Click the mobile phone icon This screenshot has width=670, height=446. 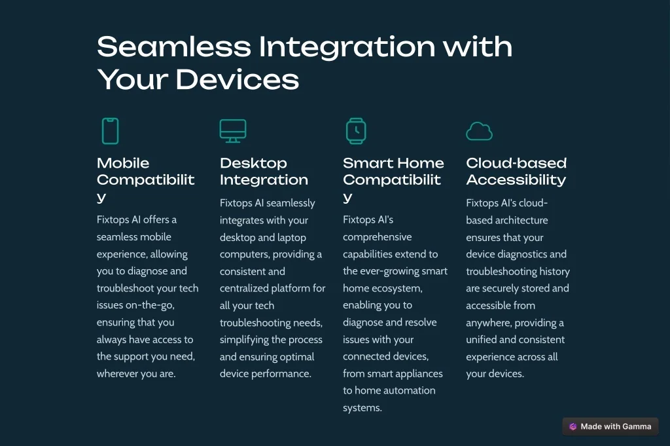coord(110,131)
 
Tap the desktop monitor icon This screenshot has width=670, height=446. coord(233,131)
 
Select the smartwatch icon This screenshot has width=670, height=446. coord(356,131)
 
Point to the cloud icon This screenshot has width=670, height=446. coord(479,131)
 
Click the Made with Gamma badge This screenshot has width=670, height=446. coord(610,426)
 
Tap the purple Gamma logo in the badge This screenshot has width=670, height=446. coord(573,426)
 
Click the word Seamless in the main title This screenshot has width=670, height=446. coord(174,46)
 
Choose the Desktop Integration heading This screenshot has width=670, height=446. coord(264,171)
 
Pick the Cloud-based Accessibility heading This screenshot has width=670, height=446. coord(516,171)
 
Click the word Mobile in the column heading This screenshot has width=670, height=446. coord(123,163)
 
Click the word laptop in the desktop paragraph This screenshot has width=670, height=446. coord(292,237)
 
